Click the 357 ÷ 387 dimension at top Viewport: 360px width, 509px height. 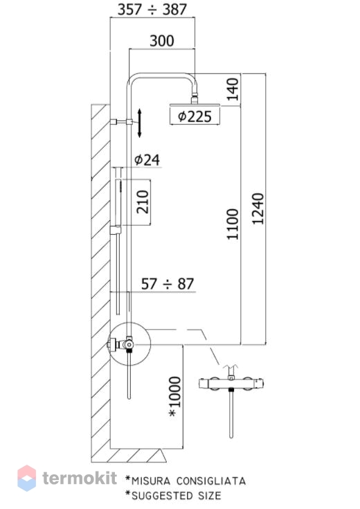click(x=152, y=10)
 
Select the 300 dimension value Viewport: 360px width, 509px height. click(x=162, y=41)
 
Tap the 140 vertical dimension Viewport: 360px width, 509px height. click(x=233, y=89)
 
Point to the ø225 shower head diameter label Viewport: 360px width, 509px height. click(x=195, y=116)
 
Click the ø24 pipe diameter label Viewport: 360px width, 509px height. click(x=147, y=160)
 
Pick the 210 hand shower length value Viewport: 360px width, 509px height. click(x=143, y=202)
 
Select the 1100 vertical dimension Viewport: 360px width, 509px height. click(x=233, y=224)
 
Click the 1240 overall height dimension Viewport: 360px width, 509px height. click(x=258, y=208)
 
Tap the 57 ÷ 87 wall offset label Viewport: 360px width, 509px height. click(x=168, y=284)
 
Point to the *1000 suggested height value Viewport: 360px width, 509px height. click(x=174, y=397)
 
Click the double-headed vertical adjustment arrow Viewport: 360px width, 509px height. click(x=140, y=123)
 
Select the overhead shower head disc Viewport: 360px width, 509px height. click(x=195, y=105)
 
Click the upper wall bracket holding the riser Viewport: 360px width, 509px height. click(x=121, y=122)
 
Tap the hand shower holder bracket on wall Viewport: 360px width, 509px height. click(x=115, y=230)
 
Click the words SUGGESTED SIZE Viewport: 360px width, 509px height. click(x=177, y=496)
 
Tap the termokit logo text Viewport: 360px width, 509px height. click(x=80, y=478)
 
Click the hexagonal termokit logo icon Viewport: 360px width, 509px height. click(x=26, y=478)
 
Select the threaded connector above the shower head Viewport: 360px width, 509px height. click(x=195, y=98)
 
